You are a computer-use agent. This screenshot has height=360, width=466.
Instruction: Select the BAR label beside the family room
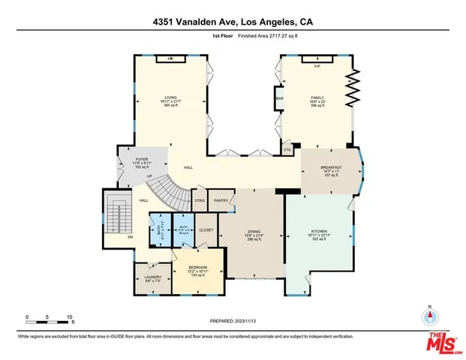pyautogui.click(x=279, y=97)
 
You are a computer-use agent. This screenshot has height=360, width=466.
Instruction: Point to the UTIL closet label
pyautogui.click(x=287, y=150)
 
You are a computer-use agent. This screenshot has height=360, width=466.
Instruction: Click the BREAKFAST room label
pyautogui.click(x=331, y=167)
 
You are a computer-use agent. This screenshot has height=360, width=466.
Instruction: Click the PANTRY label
pyautogui.click(x=221, y=200)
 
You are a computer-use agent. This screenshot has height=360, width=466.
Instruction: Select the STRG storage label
pyautogui.click(x=200, y=200)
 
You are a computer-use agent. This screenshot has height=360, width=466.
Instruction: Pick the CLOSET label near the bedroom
pyautogui.click(x=206, y=229)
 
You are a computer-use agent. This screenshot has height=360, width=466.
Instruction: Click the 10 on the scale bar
pyautogui.click(x=70, y=317)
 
